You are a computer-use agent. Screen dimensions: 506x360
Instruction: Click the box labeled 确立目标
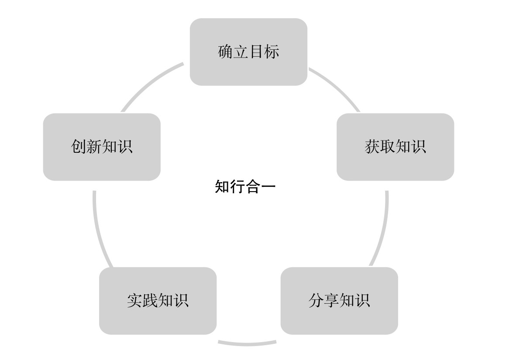[x=248, y=52]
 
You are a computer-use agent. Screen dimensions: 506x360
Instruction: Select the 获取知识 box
[x=395, y=147]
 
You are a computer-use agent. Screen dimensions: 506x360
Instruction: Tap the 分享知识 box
[x=339, y=301]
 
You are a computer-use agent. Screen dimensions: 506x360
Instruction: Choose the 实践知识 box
[x=158, y=301]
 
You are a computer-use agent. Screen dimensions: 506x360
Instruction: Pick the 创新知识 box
[x=102, y=147]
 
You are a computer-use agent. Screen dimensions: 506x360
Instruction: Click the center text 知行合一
[x=245, y=187]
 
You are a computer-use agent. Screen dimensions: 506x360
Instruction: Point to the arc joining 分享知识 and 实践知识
[x=247, y=344]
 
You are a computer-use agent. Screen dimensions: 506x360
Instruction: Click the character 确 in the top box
[x=225, y=52]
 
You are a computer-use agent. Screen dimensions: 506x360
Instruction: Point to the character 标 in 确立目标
[x=272, y=52]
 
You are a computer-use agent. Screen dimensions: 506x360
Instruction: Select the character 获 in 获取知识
[x=372, y=147]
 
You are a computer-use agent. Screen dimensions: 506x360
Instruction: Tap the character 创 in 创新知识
[x=79, y=147]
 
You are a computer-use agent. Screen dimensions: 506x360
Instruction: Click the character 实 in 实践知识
[x=134, y=301]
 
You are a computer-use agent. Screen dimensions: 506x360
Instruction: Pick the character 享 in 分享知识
[x=331, y=301]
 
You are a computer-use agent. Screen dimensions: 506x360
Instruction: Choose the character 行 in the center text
[x=238, y=187]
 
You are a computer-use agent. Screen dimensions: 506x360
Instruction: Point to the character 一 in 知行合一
[x=268, y=187]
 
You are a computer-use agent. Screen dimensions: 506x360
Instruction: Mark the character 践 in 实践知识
[x=150, y=301]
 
